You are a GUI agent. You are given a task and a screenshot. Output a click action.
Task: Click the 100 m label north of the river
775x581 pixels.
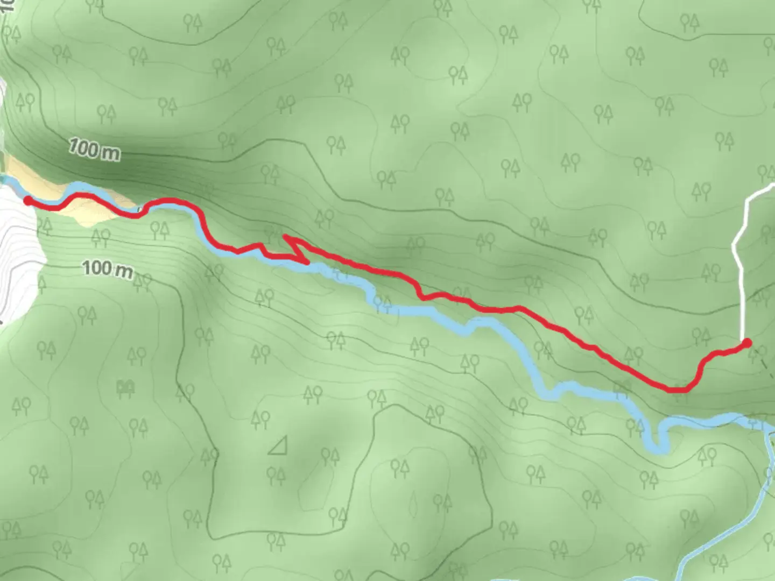coord(95,150)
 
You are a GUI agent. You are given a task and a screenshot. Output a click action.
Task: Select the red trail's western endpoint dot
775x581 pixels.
coord(27,201)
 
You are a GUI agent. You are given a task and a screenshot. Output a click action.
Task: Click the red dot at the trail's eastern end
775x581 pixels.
coord(746,343)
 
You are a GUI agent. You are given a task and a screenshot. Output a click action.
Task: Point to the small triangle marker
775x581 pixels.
coord(278,446)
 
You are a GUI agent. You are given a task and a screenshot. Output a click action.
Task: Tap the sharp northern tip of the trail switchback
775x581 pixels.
coord(284,236)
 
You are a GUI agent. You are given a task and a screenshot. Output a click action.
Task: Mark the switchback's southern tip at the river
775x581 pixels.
coord(307,263)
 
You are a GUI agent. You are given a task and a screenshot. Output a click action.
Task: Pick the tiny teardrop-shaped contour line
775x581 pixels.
coord(413,504)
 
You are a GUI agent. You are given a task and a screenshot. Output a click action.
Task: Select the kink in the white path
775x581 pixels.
coord(735,246)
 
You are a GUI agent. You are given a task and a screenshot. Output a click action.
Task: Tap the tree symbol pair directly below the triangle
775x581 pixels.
coord(276,476)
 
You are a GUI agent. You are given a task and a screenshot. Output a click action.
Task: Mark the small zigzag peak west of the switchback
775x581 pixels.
coord(260,246)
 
